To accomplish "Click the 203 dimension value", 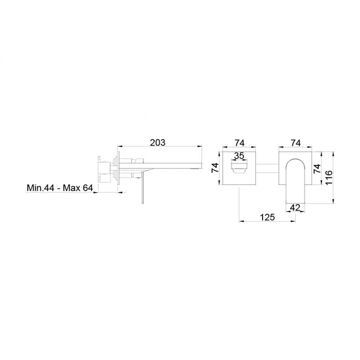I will (158, 143).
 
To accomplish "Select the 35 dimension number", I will (239, 156).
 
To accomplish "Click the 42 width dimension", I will (295, 207).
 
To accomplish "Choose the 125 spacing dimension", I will (267, 217).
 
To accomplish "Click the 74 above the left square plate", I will (239, 143).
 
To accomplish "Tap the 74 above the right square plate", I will (296, 143).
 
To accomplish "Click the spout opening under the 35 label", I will (239, 167).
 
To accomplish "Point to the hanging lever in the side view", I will (142, 191).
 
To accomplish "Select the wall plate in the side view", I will (117, 169).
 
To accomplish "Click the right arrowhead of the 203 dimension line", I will (201, 146).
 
